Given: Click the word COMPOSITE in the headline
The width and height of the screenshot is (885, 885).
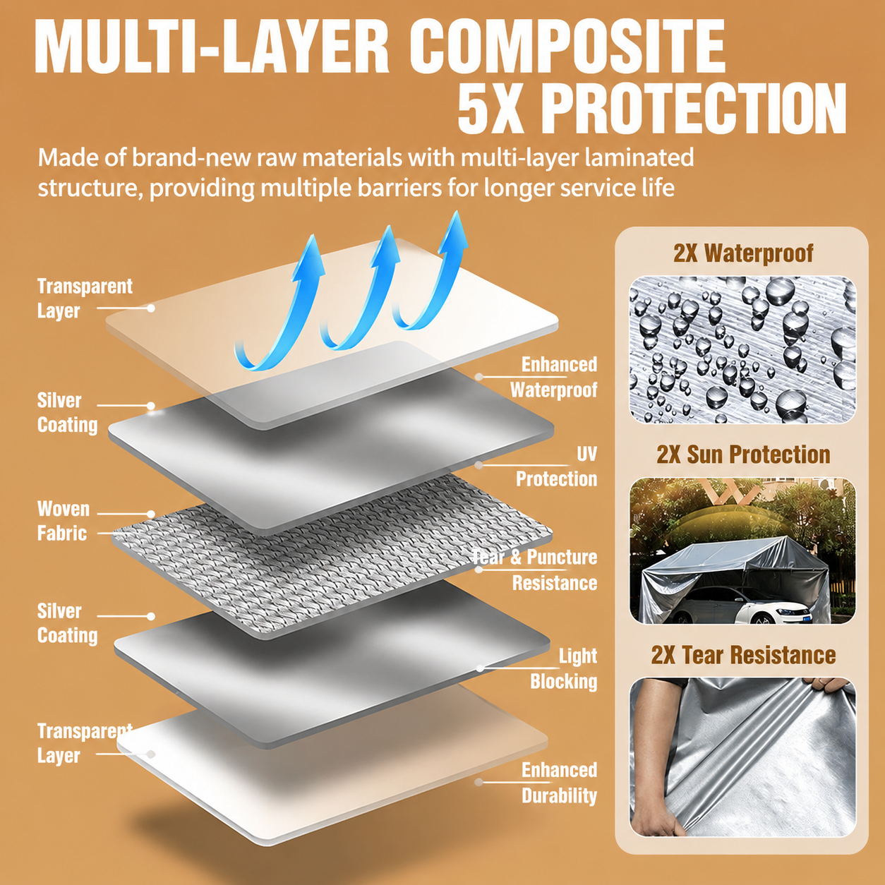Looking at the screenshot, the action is tap(567, 47).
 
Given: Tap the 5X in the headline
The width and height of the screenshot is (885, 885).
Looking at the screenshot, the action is tap(490, 109).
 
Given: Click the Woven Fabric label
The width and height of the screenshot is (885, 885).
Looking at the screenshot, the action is tap(64, 521).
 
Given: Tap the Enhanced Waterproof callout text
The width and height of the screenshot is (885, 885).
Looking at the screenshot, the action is tap(553, 377).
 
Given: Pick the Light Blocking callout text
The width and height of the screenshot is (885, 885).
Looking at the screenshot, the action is tap(564, 668).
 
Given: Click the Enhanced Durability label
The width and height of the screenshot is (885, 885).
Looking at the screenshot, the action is tap(560, 783).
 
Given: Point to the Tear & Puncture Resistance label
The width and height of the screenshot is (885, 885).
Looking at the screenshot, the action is tap(535, 570).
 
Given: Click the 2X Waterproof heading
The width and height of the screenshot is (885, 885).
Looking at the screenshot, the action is tap(743, 253).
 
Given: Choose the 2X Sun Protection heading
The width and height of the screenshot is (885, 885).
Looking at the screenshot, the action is tap(743, 454).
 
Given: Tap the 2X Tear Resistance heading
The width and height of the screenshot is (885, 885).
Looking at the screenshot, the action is tap(743, 655).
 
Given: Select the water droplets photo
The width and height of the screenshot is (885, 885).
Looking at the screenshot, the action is tap(742, 349).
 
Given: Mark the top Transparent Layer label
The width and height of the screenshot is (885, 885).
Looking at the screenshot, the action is tap(85, 299).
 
